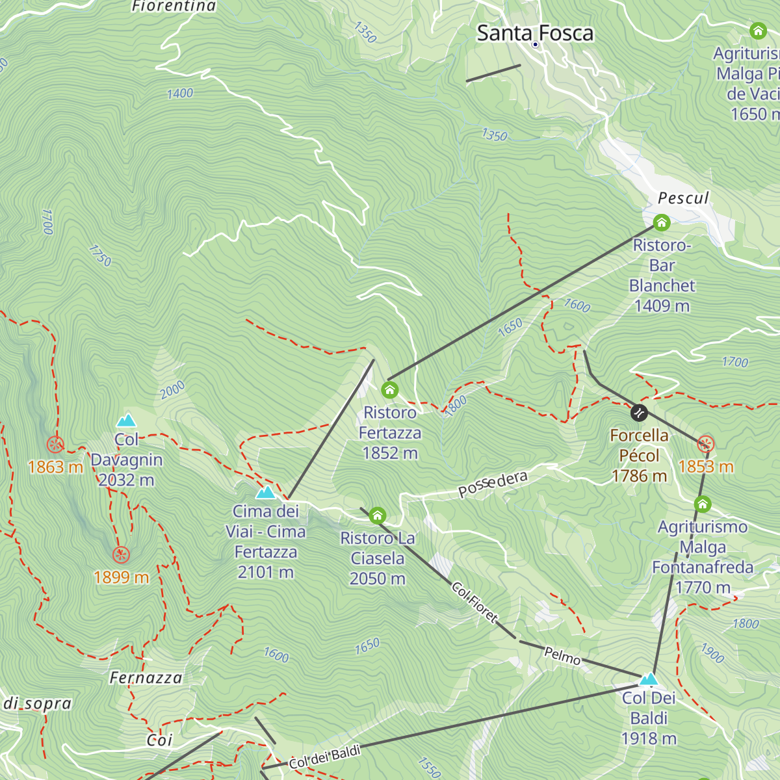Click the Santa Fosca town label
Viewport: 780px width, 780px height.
tap(535, 33)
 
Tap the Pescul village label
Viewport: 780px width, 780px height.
tap(683, 198)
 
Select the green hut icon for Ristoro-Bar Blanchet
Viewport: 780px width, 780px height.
tap(662, 223)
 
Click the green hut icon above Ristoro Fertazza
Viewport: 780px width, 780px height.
tap(389, 390)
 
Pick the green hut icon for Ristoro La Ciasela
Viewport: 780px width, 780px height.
tap(377, 516)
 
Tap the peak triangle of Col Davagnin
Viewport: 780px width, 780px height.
tap(126, 421)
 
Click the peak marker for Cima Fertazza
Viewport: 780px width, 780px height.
tap(265, 492)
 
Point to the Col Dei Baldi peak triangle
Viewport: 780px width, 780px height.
tap(648, 679)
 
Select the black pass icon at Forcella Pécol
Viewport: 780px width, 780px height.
tap(640, 413)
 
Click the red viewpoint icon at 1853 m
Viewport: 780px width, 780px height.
tap(706, 445)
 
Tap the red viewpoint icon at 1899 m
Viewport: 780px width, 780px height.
tap(121, 555)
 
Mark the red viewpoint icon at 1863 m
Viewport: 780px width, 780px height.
tap(55, 445)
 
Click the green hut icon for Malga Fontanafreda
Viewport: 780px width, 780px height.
tap(702, 504)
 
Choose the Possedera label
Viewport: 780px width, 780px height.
tap(493, 484)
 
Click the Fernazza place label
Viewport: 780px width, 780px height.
tap(146, 678)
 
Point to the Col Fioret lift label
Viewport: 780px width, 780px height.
tap(474, 602)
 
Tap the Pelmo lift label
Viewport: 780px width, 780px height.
tap(562, 656)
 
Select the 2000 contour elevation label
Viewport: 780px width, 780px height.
tap(172, 390)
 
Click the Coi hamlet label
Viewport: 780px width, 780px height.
tap(159, 740)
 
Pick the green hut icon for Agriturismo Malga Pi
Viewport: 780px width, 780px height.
tap(758, 31)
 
